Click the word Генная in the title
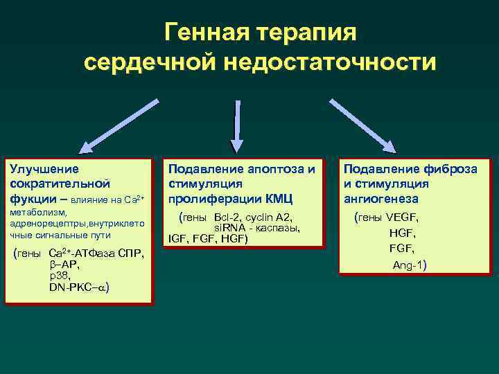[204, 32]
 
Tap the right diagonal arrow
[362, 124]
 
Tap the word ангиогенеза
[380, 199]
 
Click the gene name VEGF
[401, 217]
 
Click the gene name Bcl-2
[229, 217]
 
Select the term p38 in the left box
[60, 276]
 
